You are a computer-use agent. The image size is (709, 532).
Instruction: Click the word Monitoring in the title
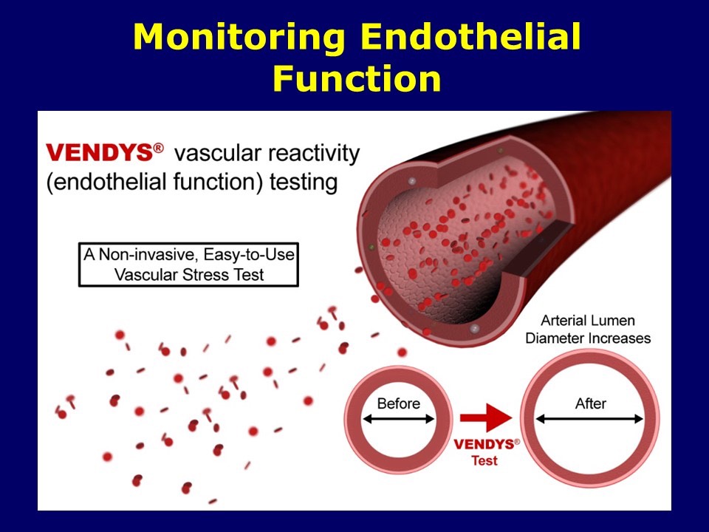click(x=239, y=38)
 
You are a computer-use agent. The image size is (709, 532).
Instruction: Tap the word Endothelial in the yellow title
click(x=470, y=36)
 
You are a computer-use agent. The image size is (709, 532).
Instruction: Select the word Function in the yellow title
click(x=357, y=78)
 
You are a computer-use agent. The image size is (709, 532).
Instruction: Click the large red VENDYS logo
click(x=100, y=153)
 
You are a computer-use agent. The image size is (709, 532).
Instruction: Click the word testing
click(x=304, y=183)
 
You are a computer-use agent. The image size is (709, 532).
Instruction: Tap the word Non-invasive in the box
click(x=148, y=255)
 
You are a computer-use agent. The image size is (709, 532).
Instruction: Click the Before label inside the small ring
click(x=398, y=403)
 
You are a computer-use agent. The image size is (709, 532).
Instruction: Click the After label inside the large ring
click(x=591, y=403)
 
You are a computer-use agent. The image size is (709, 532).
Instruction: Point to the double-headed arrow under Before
click(x=398, y=420)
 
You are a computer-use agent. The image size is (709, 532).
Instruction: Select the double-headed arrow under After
click(x=589, y=420)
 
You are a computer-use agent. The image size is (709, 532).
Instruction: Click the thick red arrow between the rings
click(x=486, y=417)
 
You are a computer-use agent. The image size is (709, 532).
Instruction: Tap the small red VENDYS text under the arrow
click(x=484, y=444)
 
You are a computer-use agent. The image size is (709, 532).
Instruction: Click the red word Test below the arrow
click(x=484, y=460)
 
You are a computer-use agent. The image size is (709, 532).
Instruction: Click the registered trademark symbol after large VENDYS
click(x=159, y=148)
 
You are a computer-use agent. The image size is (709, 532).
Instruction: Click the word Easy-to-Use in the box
click(x=249, y=255)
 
